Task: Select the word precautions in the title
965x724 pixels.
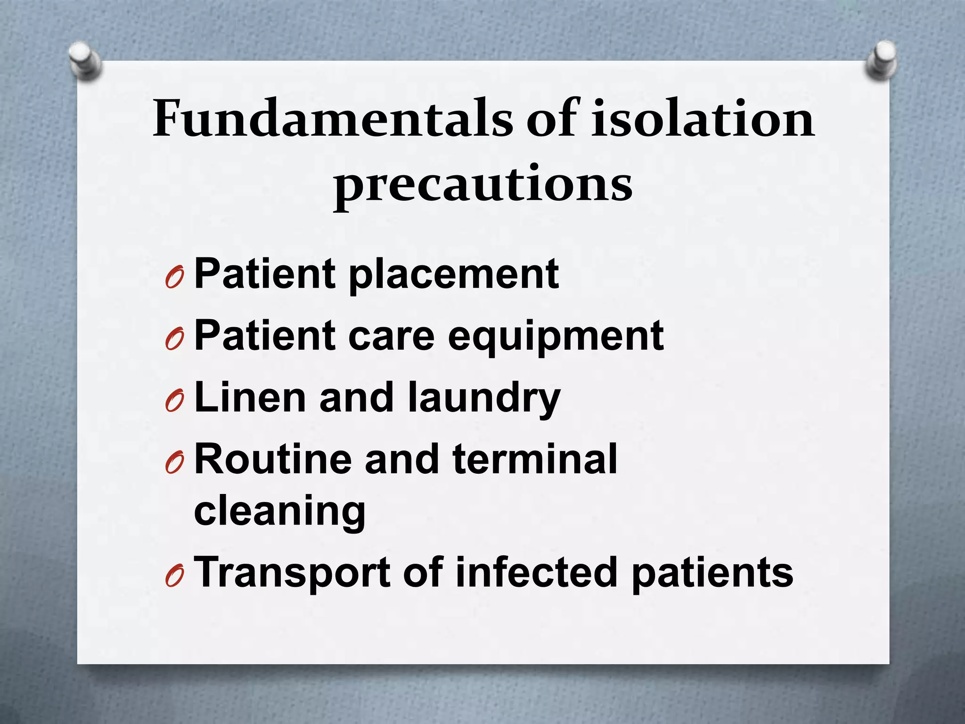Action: pos(482,185)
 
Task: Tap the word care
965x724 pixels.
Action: pos(391,336)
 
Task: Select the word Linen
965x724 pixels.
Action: pos(250,397)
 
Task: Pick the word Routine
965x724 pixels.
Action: pos(273,459)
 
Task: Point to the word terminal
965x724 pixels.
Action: pos(535,459)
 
